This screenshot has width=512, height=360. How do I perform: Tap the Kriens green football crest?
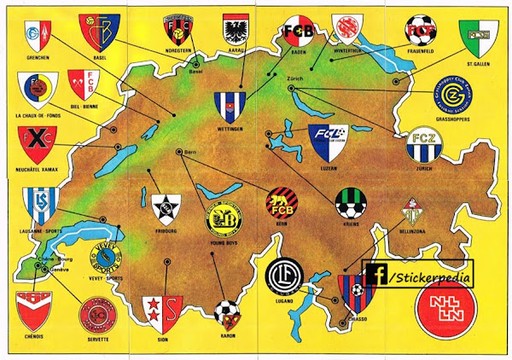click(x=351, y=204)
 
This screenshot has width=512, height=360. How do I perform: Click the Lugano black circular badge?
click(x=282, y=277)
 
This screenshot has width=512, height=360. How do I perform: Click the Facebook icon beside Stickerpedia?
click(x=375, y=275)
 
